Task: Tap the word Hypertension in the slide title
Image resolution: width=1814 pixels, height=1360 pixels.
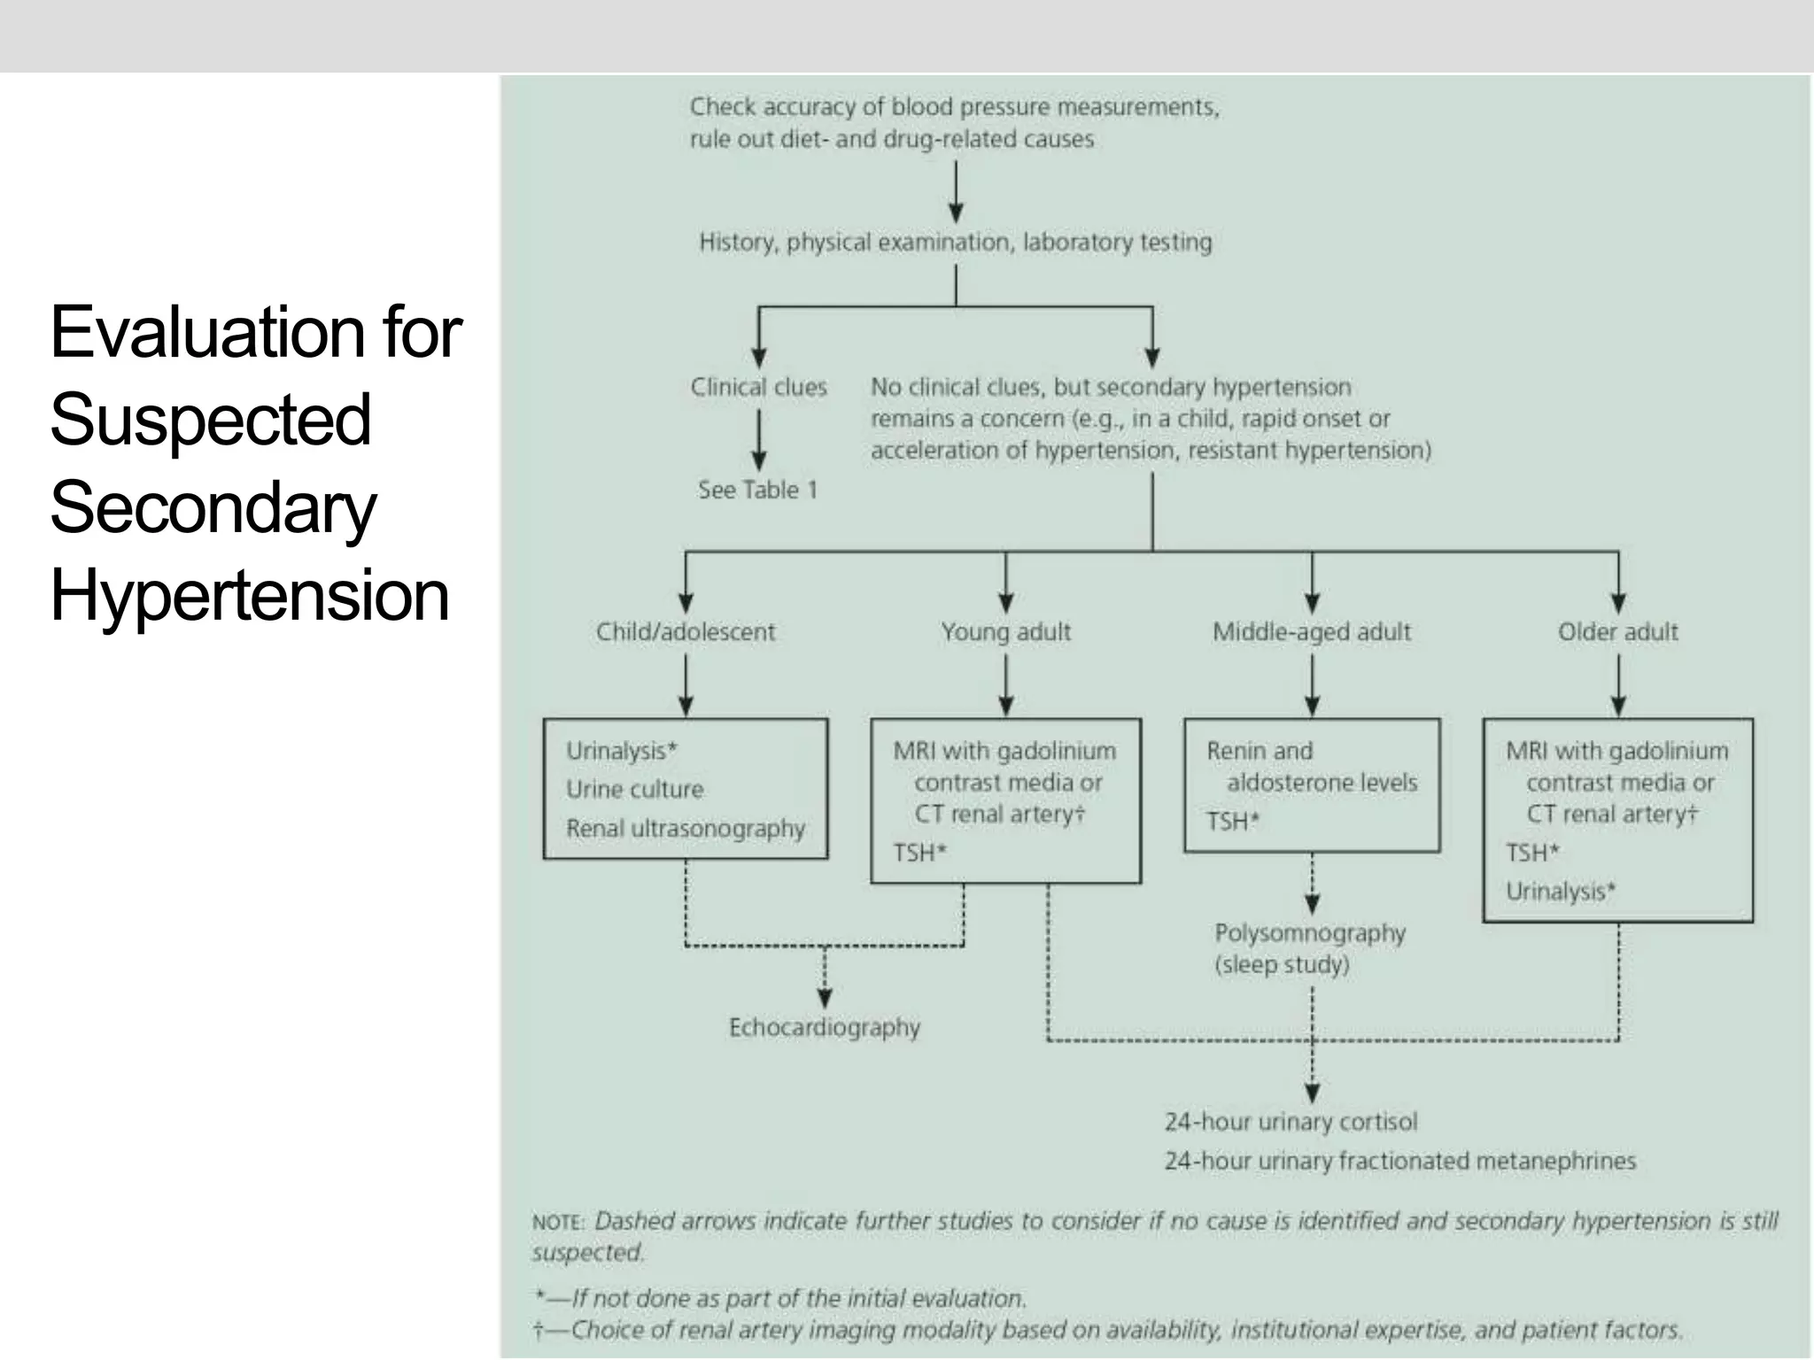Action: point(250,595)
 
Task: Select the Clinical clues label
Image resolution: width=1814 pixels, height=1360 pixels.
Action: point(758,387)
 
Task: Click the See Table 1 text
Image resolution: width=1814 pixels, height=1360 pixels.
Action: point(757,490)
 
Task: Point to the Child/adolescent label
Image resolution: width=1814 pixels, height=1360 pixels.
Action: point(685,632)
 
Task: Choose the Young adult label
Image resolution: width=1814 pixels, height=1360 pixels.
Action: point(1005,632)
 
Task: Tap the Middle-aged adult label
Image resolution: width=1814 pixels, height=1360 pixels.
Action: point(1311,632)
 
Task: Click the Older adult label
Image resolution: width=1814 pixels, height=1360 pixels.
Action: point(1617,632)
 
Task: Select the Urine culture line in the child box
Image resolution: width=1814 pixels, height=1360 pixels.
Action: point(634,789)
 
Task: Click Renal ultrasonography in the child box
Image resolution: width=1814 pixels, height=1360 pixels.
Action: point(685,829)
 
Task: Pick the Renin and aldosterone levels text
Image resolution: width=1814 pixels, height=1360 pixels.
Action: point(1311,767)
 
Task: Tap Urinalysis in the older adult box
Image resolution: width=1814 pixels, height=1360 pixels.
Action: point(1560,891)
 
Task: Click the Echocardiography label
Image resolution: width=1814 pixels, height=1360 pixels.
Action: point(824,1027)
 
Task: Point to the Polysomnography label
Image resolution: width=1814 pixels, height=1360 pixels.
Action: point(1309,933)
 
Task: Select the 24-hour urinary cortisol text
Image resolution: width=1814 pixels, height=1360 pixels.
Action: point(1291,1122)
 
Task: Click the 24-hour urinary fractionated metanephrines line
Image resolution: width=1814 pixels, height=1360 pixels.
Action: point(1399,1161)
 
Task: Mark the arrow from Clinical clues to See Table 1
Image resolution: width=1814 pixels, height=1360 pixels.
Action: point(758,439)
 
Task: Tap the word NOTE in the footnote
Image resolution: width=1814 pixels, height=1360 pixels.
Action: point(558,1223)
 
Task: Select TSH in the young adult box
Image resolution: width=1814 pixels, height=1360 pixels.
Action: point(919,853)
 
